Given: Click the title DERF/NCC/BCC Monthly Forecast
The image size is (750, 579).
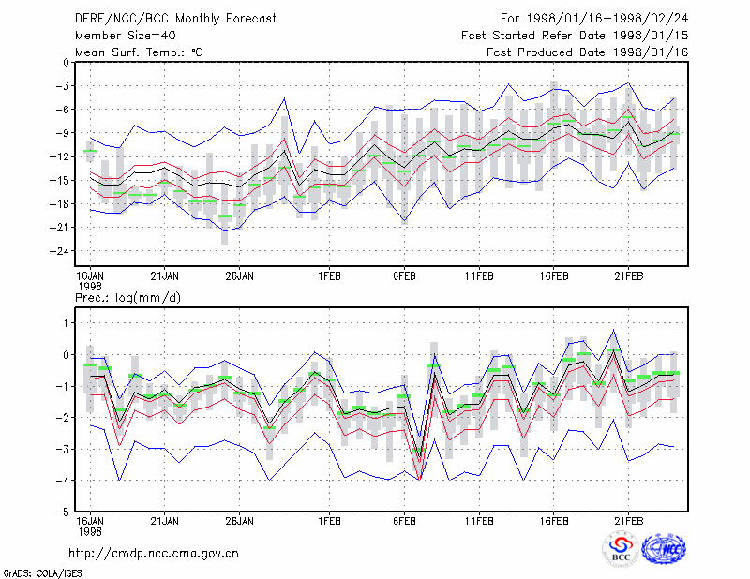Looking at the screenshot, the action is (x=175, y=19).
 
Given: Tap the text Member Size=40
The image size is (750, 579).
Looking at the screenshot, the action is (x=126, y=36).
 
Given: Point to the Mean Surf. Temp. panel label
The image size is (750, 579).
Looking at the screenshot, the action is (x=139, y=52).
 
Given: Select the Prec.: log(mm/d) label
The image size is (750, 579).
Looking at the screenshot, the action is (x=127, y=298).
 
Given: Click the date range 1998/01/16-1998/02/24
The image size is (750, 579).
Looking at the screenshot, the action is (x=607, y=19).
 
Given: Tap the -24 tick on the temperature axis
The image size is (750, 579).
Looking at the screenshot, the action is (x=59, y=251).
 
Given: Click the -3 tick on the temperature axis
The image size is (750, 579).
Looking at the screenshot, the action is (x=62, y=86).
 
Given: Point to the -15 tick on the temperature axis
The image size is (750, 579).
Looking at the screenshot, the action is (x=59, y=180).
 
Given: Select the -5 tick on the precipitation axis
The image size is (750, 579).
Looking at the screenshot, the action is (x=62, y=512).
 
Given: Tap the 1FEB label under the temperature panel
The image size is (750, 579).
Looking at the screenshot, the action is (x=329, y=276).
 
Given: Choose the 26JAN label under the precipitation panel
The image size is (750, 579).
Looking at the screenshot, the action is (x=239, y=521).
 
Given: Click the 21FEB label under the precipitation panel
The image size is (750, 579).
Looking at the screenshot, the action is (x=628, y=521).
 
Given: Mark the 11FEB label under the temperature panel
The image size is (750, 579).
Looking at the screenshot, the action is (x=479, y=276).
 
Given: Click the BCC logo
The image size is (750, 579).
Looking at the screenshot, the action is (x=621, y=550).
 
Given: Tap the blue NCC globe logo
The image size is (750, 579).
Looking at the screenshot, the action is (x=664, y=549).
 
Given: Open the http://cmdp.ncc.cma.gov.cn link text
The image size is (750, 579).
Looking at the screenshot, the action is (x=154, y=554).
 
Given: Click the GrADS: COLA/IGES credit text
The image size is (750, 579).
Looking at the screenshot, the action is (x=42, y=573).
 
